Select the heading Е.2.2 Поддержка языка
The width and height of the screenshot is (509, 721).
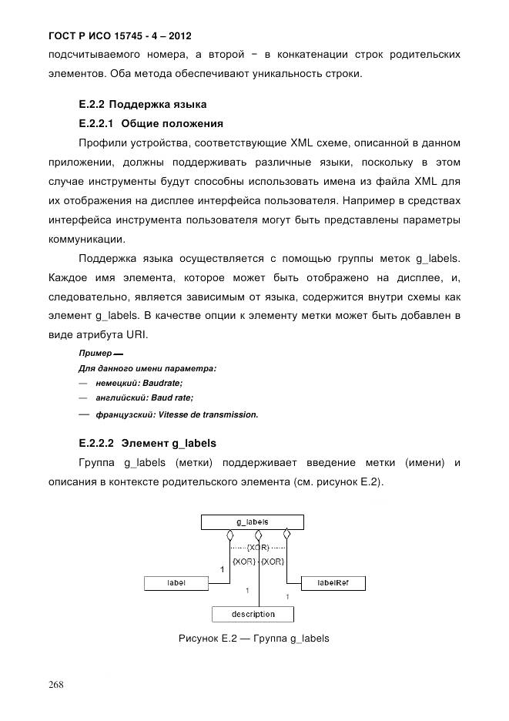click(143, 103)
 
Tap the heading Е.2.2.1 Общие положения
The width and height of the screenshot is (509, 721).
click(151, 123)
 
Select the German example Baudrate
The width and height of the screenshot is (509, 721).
click(162, 382)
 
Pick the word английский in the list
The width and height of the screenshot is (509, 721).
click(116, 398)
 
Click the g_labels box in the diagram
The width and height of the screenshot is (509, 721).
click(252, 522)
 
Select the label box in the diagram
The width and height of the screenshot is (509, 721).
click(176, 583)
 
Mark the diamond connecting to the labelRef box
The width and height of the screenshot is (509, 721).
click(286, 535)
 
